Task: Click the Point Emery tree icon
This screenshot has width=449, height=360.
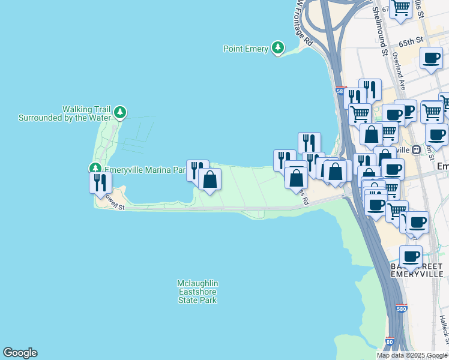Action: pos(277,47)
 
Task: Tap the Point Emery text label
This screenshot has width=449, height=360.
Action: pos(246,49)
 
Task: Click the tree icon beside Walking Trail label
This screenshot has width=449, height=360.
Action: pos(121,112)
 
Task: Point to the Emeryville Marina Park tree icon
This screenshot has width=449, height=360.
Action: pos(95,169)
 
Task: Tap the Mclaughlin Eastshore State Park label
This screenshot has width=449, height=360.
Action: pos(197,291)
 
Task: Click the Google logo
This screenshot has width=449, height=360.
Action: pos(20,353)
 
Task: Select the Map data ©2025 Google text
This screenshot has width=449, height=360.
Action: pos(412,355)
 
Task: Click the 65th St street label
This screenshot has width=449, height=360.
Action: pos(411,42)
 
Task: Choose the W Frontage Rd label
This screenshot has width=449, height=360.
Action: pos(306,27)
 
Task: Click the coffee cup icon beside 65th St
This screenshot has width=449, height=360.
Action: pos(431,58)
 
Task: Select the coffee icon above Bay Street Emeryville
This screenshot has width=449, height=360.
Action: pos(411,256)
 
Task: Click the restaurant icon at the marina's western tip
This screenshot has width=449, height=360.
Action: pos(100,182)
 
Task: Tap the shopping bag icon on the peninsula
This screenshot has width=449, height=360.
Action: pos(210,179)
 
